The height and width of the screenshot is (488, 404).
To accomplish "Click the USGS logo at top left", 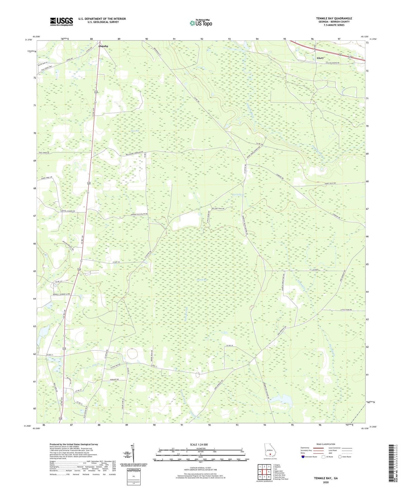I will tap(62, 22).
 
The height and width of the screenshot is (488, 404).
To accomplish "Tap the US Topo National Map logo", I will tap(200, 23).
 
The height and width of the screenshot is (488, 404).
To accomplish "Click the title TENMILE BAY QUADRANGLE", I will tap(334, 18).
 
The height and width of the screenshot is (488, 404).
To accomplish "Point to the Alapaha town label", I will tap(103, 46).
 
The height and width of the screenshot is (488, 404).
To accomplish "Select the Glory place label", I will tap(320, 58).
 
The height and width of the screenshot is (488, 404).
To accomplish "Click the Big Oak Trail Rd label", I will tap(218, 209).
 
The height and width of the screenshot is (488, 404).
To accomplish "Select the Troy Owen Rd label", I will tap(44, 153).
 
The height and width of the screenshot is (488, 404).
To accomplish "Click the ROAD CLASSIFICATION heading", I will tap(325, 444).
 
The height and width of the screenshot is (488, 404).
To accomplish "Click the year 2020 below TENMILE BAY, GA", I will tap(325, 482).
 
